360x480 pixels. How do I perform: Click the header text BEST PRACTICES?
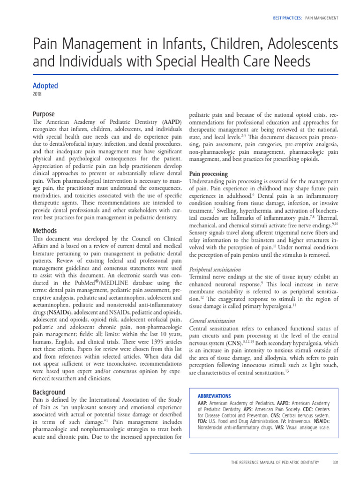tap(287, 18)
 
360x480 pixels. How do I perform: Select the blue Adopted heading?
tap(45, 86)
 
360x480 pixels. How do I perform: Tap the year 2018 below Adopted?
tap(37, 94)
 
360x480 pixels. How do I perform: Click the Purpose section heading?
tap(44, 114)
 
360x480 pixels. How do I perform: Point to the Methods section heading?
tap(45, 231)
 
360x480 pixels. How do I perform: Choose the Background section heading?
tap(49, 392)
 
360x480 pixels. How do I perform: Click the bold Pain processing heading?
tap(208, 173)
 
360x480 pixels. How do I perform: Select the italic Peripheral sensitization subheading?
tap(215, 270)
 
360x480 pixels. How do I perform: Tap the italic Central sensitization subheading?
tap(212, 321)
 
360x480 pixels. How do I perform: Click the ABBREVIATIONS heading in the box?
tap(214, 395)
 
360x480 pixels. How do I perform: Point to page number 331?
tap(335, 462)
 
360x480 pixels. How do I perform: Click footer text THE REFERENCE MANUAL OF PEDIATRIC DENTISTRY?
tap(275, 462)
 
